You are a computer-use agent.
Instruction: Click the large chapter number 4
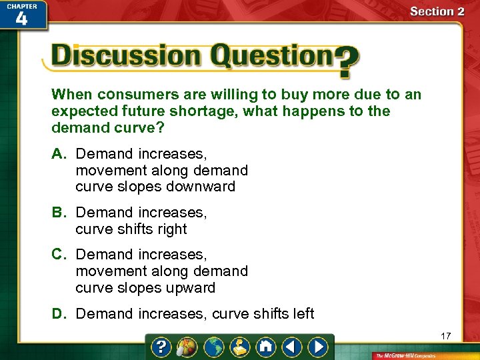tap(21, 19)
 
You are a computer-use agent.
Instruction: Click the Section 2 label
tap(437, 11)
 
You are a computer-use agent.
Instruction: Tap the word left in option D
tap(301, 313)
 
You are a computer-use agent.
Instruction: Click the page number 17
tap(445, 336)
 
